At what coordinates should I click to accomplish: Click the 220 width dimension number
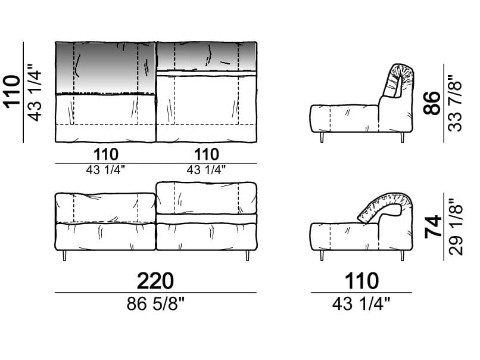pos(155,281)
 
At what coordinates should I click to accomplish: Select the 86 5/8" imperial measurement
pos(155,304)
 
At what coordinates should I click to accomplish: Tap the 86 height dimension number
pos(432,103)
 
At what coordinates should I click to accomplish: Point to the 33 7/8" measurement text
pos(455,103)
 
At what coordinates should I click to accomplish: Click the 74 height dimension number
pos(433,226)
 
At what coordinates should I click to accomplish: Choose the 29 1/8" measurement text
pos(456,227)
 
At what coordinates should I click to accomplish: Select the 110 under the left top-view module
pos(106,154)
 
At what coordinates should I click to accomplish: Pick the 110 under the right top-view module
pos(207,154)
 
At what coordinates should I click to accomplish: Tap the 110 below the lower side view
pos(362,281)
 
